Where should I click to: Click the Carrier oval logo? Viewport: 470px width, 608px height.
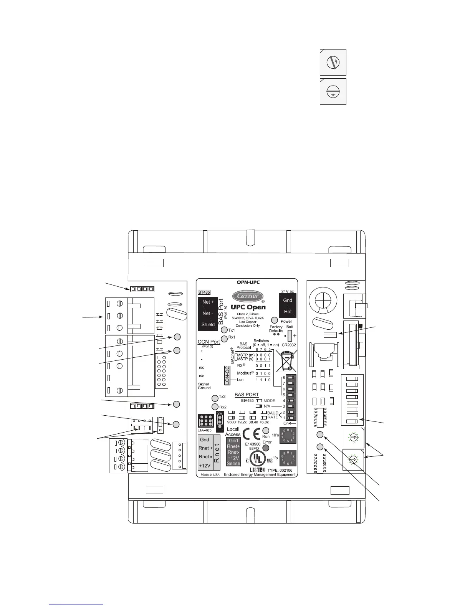(x=248, y=296)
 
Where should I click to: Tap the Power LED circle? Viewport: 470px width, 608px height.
(x=275, y=320)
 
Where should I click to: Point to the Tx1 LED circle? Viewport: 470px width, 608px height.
(x=224, y=330)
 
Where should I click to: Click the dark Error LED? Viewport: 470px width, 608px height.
(x=265, y=448)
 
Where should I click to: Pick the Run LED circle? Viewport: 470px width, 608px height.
(x=265, y=431)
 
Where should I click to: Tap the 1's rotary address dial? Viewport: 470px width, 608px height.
(x=288, y=458)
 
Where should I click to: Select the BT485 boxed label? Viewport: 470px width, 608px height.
(x=204, y=292)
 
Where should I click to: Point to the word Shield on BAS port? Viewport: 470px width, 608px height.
(x=208, y=324)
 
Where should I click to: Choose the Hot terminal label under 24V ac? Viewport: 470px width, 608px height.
(x=288, y=312)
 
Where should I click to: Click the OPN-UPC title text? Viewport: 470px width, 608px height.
(x=248, y=283)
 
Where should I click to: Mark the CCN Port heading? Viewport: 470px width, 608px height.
(x=209, y=342)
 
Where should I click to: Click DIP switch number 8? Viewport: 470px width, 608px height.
(x=290, y=377)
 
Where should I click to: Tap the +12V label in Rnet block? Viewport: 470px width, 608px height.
(x=204, y=466)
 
